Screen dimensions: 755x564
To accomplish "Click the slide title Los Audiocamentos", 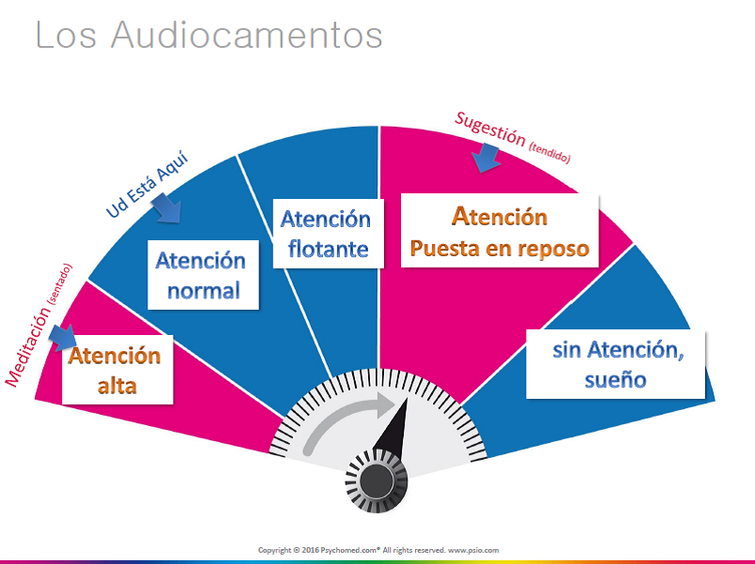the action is click(x=209, y=35).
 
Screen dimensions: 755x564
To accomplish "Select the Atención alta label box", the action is click(x=117, y=370).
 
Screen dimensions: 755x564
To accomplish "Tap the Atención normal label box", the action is click(x=203, y=275).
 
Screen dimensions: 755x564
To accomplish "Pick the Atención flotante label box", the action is click(x=328, y=234).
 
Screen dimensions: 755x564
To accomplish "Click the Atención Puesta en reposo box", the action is click(x=500, y=231).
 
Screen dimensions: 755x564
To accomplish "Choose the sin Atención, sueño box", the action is click(x=615, y=364).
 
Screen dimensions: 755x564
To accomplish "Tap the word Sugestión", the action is click(x=489, y=129).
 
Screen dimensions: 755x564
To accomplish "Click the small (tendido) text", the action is click(x=549, y=153).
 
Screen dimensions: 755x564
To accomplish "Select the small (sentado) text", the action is click(x=59, y=284).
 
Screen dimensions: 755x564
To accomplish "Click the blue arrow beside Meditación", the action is click(x=63, y=338).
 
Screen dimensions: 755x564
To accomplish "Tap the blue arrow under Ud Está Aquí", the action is click(x=166, y=208).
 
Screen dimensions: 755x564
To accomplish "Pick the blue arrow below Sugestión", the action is click(x=485, y=158).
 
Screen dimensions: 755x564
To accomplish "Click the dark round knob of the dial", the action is click(x=377, y=481).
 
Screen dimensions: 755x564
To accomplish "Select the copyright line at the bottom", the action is click(x=378, y=550).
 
